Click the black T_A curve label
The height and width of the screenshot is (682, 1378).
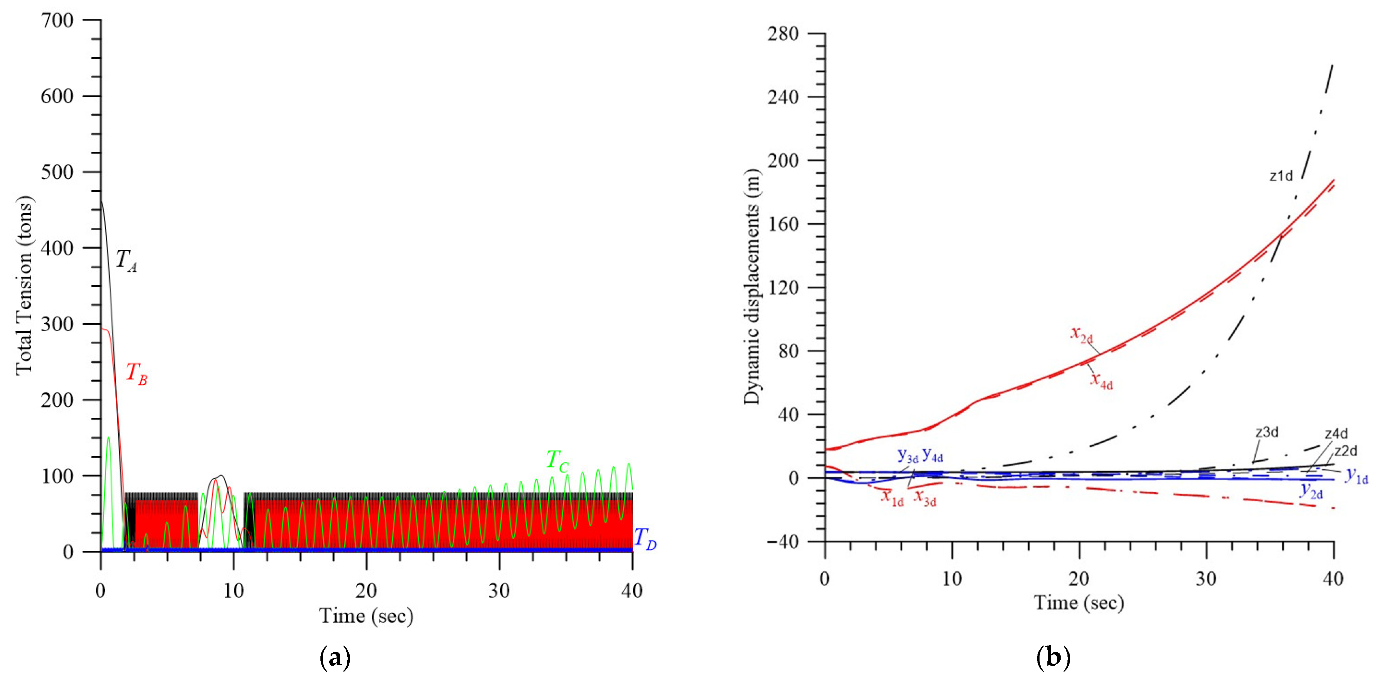click(126, 261)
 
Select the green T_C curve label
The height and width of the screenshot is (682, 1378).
click(557, 461)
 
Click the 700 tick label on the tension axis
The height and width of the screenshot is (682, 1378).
click(57, 20)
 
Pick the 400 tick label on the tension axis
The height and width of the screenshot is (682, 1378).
click(57, 248)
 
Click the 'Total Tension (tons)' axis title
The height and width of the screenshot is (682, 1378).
click(25, 286)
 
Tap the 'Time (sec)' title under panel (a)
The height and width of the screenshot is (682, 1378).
click(366, 616)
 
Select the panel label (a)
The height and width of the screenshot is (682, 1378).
click(335, 657)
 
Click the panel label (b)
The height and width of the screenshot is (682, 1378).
click(1053, 657)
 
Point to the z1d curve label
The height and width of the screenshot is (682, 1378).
click(1281, 176)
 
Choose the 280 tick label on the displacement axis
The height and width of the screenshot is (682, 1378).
click(782, 34)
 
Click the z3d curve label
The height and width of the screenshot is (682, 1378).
click(1267, 432)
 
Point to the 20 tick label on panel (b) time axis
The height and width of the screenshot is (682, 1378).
click(1079, 579)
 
